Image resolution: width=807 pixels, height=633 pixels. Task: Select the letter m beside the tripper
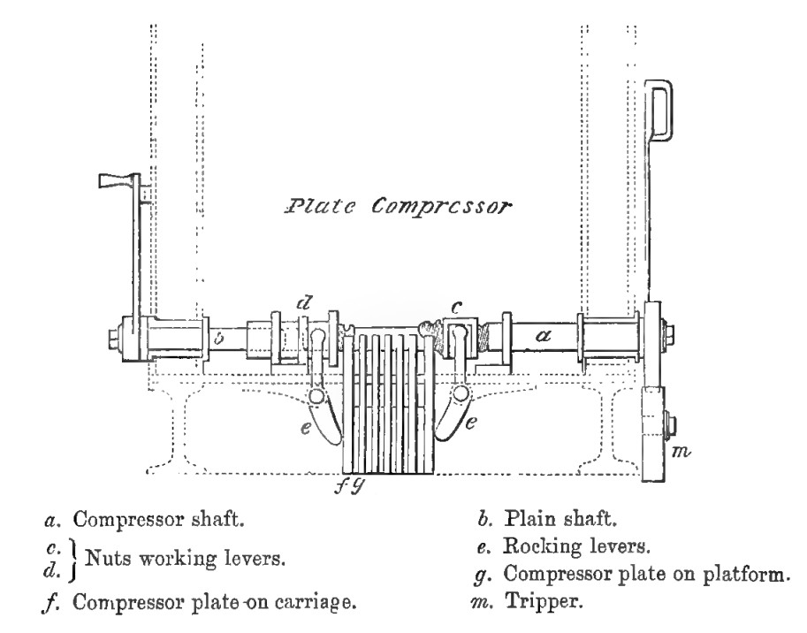[x=680, y=453]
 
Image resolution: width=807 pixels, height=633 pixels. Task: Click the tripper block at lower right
[x=654, y=432]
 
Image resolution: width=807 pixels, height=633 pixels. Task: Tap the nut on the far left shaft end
[x=111, y=339]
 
